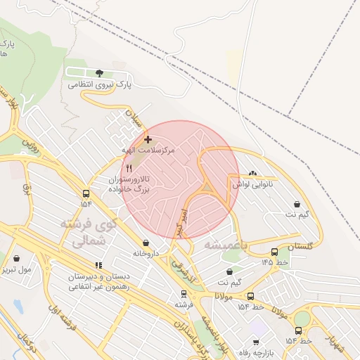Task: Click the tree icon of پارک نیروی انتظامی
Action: (x=99, y=72)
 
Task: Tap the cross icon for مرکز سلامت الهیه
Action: (x=147, y=139)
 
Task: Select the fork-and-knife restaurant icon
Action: (x=128, y=168)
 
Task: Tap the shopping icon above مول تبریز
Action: (x=17, y=258)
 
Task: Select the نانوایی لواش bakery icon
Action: (x=253, y=174)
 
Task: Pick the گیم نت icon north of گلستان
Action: (x=297, y=205)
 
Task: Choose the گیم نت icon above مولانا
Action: (x=229, y=272)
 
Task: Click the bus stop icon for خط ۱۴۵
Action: (x=274, y=252)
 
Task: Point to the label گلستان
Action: (x=300, y=245)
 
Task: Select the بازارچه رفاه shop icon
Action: (x=256, y=342)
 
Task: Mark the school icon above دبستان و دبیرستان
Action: (x=98, y=265)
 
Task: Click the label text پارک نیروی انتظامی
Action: (x=100, y=84)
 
